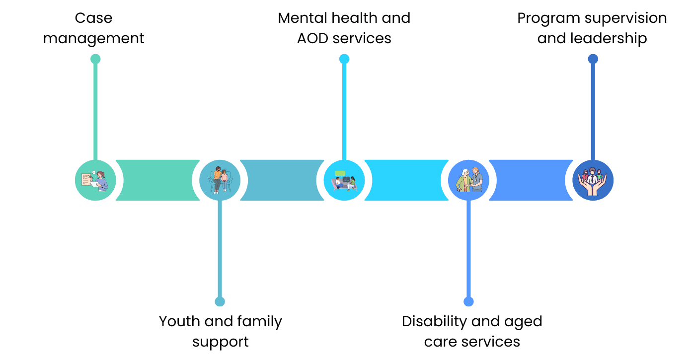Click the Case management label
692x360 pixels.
click(x=93, y=28)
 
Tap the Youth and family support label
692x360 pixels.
click(x=220, y=331)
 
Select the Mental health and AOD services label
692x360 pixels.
click(x=344, y=28)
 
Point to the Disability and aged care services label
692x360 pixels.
click(x=471, y=331)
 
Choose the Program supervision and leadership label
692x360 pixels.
click(x=592, y=28)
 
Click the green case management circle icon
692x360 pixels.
click(x=95, y=180)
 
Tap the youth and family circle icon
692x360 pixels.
click(x=220, y=180)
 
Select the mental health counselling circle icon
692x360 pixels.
click(x=344, y=180)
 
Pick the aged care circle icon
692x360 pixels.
click(x=468, y=180)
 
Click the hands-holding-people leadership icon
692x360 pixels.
click(x=593, y=180)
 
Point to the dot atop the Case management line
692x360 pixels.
click(x=95, y=59)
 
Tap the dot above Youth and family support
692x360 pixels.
click(x=220, y=301)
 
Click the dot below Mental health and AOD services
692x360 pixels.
click(x=344, y=59)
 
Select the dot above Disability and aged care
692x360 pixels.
click(x=468, y=301)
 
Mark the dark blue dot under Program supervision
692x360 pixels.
click(x=593, y=59)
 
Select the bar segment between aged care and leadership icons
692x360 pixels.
click(x=531, y=180)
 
